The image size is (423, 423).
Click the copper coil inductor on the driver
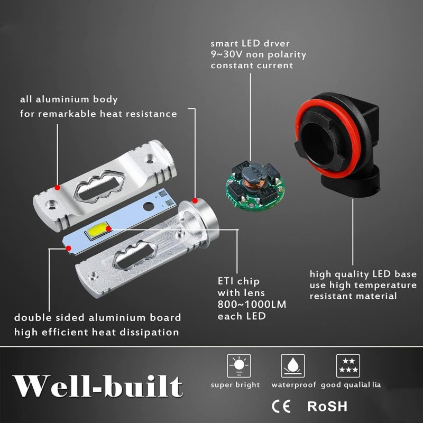pos(252,184)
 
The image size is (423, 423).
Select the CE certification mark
pos(281,406)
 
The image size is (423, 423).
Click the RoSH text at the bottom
pos(327,406)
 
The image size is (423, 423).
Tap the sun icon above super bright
pos(239,365)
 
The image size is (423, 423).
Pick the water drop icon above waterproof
pos(293,365)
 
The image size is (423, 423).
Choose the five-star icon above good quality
pos(348,365)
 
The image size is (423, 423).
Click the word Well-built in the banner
pos(98,386)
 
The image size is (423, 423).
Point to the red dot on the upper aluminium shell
pos(57,187)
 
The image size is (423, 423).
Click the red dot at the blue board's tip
pos(69,248)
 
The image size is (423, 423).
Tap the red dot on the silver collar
pos(195,200)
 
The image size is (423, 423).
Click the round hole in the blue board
pos(149,207)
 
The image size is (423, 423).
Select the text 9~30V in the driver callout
pos(226,54)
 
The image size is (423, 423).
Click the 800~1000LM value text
pos(252,305)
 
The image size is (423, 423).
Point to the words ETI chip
pos(238,282)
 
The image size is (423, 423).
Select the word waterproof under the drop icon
pos(293,385)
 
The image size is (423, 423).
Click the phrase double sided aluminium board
pos(97,318)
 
